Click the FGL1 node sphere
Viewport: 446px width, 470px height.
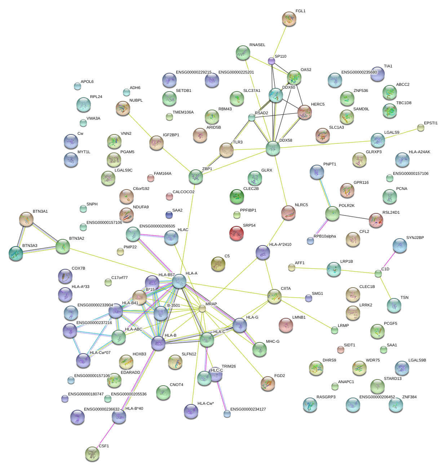coord(289,19)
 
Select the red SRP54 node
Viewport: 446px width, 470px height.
coord(237,233)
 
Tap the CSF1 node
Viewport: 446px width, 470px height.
coord(92,454)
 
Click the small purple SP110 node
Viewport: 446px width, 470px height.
coord(271,61)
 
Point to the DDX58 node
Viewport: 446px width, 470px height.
coord(273,148)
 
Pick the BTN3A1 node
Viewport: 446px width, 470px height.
coord(26,219)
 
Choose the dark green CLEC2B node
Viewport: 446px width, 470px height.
coord(237,196)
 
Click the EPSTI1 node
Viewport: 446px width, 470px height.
coord(421,127)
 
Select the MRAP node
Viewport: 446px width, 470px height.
coord(202,309)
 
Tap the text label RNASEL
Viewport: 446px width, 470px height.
coord(257,45)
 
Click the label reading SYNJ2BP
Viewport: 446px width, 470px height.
coord(415,238)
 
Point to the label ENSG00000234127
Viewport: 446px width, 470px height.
coord(248,409)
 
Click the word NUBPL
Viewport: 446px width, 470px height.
coord(136,101)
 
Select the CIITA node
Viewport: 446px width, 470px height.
coord(274,296)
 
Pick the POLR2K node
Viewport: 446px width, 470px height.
coord(332,213)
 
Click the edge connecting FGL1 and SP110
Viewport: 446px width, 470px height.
coord(280,40)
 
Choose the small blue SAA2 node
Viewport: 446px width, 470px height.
coord(169,215)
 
